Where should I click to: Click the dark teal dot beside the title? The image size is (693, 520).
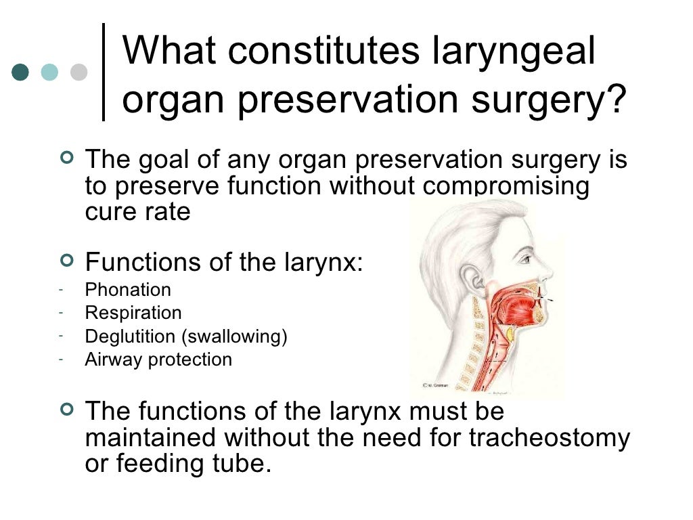21,72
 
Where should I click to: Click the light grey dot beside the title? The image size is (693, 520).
79,72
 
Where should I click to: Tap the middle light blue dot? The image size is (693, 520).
50,72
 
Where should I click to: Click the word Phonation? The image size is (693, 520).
128,290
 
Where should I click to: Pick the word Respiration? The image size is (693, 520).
133,313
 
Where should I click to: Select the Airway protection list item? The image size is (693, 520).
158,360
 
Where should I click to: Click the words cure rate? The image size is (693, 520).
137,212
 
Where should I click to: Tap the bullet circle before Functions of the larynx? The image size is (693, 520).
66,260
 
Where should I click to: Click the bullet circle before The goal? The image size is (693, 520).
66,158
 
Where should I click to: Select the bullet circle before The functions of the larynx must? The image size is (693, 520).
66,409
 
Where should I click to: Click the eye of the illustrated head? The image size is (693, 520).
524,259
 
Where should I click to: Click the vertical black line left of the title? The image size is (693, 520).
104,72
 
